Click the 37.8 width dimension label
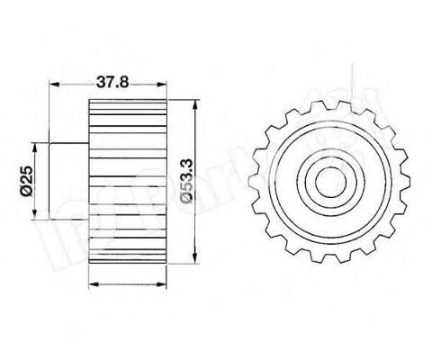click(111, 80)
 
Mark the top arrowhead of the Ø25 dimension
click(35, 143)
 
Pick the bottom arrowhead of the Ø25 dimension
click(35, 216)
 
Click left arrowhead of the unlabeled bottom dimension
click(94, 284)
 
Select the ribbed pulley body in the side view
click(129, 180)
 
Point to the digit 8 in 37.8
click(124, 80)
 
